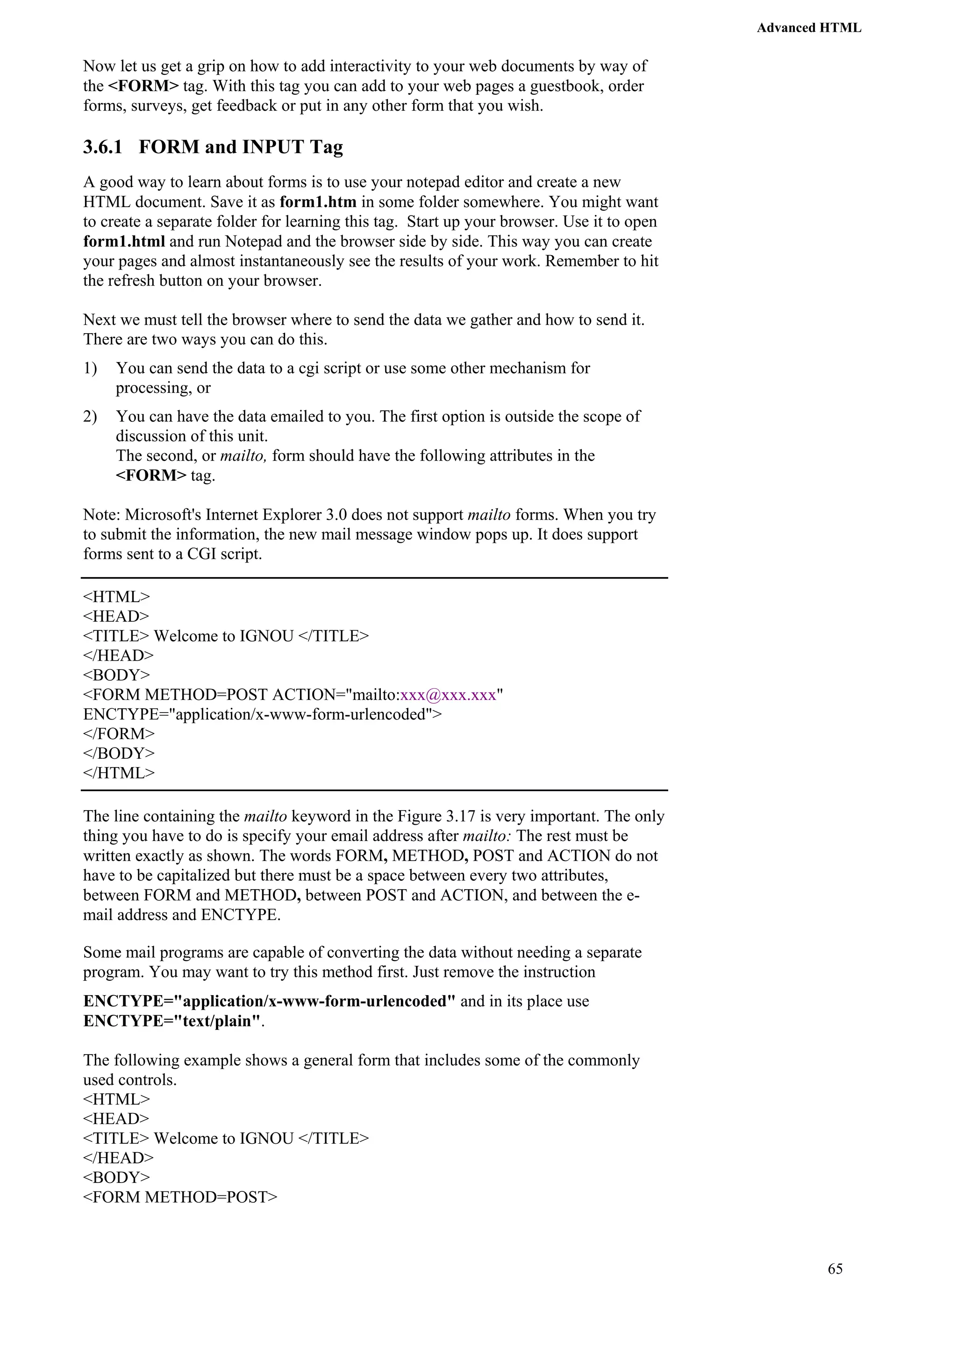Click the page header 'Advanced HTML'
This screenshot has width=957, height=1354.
pos(808,28)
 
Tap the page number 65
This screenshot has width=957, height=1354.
pos(835,1268)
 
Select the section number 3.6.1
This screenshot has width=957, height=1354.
pos(103,147)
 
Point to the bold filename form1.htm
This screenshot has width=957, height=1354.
pos(318,202)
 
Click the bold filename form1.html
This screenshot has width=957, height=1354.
pos(124,242)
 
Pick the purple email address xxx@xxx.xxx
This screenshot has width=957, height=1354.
pos(448,695)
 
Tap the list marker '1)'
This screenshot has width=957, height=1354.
pos(90,369)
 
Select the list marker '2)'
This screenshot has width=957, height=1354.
pos(90,417)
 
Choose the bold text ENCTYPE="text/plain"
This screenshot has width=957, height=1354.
pos(171,1021)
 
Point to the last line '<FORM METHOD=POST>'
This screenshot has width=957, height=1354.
pos(180,1197)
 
